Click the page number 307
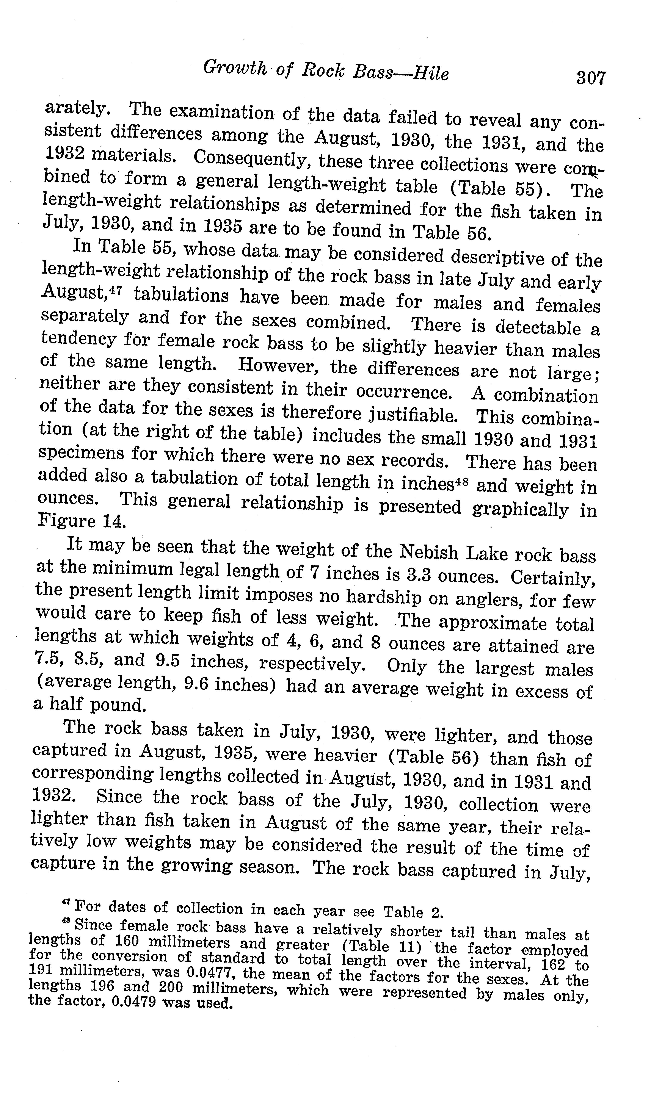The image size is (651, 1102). [x=590, y=78]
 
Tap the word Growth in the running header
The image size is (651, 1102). [x=235, y=68]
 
